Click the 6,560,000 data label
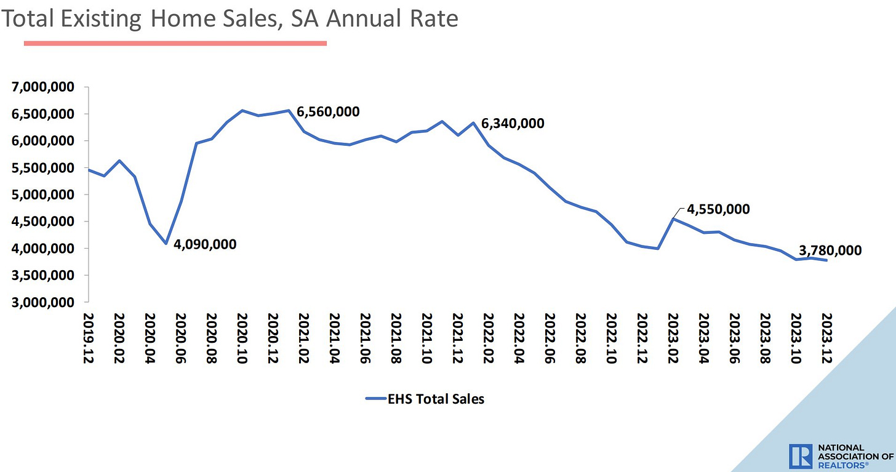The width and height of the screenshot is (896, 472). (328, 112)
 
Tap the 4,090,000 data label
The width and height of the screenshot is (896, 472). (205, 244)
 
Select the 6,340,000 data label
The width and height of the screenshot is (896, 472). (513, 123)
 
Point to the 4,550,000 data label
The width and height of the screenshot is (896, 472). (718, 209)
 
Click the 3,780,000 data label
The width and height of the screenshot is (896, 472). (830, 250)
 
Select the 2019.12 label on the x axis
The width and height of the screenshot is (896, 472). (88, 338)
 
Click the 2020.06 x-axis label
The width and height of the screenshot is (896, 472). (180, 338)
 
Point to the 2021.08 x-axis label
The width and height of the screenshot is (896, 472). (396, 338)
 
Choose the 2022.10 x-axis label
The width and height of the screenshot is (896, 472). (611, 338)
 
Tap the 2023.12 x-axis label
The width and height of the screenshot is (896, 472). (826, 338)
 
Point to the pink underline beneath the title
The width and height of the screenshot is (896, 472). (175, 43)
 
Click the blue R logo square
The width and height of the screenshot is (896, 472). (801, 455)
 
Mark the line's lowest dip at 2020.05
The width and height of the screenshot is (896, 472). (166, 244)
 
